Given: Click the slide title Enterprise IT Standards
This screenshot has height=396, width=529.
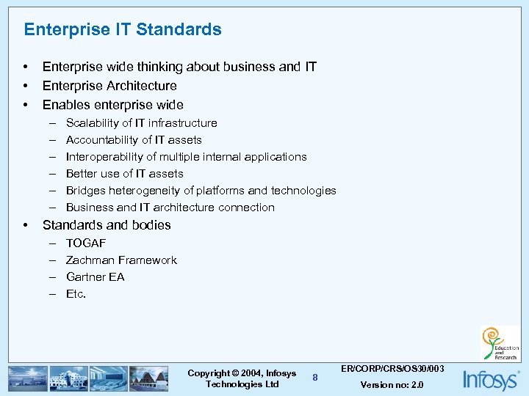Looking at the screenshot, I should pyautogui.click(x=123, y=29).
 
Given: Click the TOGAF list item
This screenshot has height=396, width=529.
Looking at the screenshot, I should pyautogui.click(x=86, y=243).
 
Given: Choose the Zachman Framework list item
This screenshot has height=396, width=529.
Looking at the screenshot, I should pyautogui.click(x=121, y=260).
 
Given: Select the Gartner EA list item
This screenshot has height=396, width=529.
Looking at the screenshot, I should pyautogui.click(x=95, y=276).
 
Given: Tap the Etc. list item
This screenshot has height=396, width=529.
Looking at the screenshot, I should pyautogui.click(x=76, y=293).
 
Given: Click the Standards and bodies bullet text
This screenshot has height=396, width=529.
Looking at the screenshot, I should pyautogui.click(x=107, y=225).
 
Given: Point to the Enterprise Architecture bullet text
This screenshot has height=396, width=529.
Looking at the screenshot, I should pyautogui.click(x=109, y=86).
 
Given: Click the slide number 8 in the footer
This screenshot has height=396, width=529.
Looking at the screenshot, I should pyautogui.click(x=314, y=377).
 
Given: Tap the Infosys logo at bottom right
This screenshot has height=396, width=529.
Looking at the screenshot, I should pyautogui.click(x=490, y=379).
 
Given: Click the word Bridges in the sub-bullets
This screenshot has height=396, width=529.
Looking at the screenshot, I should pyautogui.click(x=84, y=191).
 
